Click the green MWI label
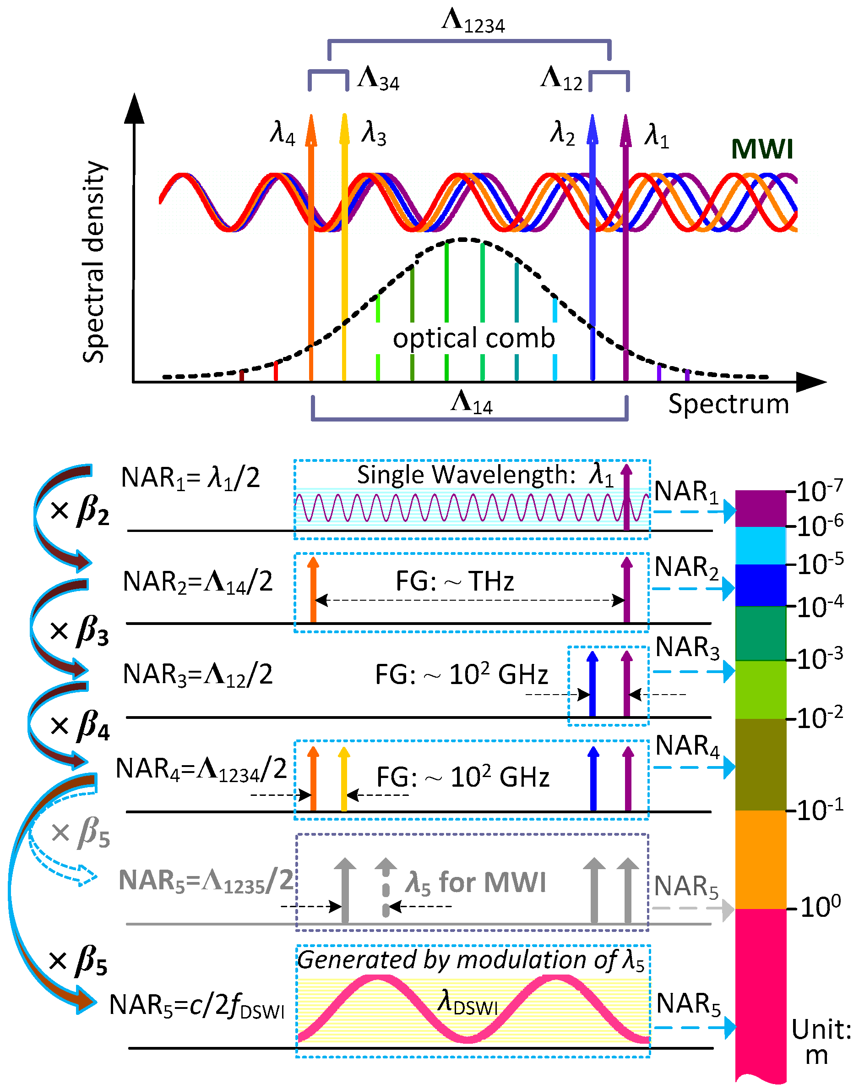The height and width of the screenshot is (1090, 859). pos(761,149)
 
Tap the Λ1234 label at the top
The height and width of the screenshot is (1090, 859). pos(473,22)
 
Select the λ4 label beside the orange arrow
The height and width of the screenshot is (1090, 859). pos(283,133)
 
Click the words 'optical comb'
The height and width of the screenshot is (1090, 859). pos(473,338)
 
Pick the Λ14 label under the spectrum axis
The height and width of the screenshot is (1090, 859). pos(471,403)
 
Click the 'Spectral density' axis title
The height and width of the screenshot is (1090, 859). pos(94,262)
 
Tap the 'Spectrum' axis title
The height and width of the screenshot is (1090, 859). pos(728,404)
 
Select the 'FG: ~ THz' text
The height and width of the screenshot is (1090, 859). pos(455,582)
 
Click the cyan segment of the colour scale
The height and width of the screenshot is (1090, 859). pos(760,546)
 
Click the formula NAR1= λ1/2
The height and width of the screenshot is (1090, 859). pos(190,477)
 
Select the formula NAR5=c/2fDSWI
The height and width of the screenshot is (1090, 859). pos(196,1005)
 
